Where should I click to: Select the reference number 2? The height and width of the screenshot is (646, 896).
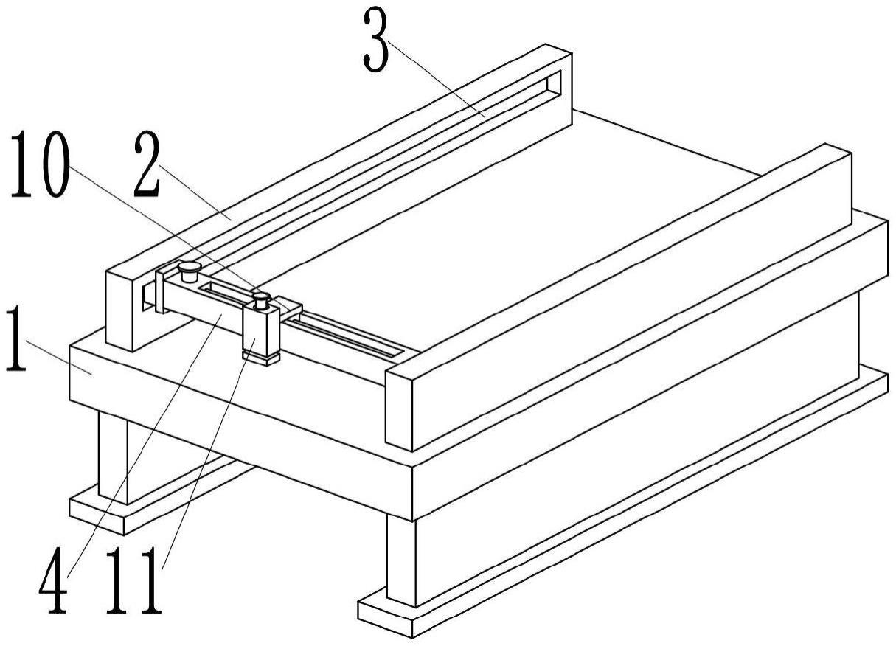click(147, 168)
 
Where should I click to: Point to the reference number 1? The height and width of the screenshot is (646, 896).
click(15, 340)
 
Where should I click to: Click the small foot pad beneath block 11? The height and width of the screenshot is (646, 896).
click(262, 358)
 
